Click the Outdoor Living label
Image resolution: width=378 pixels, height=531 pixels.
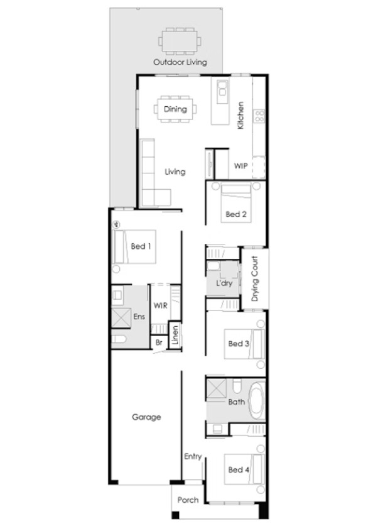(180, 62)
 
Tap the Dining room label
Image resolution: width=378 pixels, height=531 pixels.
(175, 109)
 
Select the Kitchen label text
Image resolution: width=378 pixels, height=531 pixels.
(240, 116)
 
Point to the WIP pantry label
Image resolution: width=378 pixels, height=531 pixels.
(240, 166)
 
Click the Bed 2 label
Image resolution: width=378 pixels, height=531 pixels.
(235, 214)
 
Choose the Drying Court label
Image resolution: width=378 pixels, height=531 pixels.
(255, 278)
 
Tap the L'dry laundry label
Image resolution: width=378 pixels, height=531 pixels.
(224, 284)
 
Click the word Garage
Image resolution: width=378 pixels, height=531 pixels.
(146, 417)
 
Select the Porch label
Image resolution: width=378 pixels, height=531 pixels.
(188, 500)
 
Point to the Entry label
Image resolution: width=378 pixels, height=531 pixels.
(192, 456)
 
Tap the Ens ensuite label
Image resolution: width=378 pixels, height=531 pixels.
(139, 317)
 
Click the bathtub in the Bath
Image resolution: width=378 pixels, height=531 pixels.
(257, 401)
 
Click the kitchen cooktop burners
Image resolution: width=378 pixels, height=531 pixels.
(259, 116)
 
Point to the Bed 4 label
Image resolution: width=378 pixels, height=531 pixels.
(239, 469)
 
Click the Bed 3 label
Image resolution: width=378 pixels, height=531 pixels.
(239, 344)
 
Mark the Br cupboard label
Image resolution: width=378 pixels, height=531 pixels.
(159, 342)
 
